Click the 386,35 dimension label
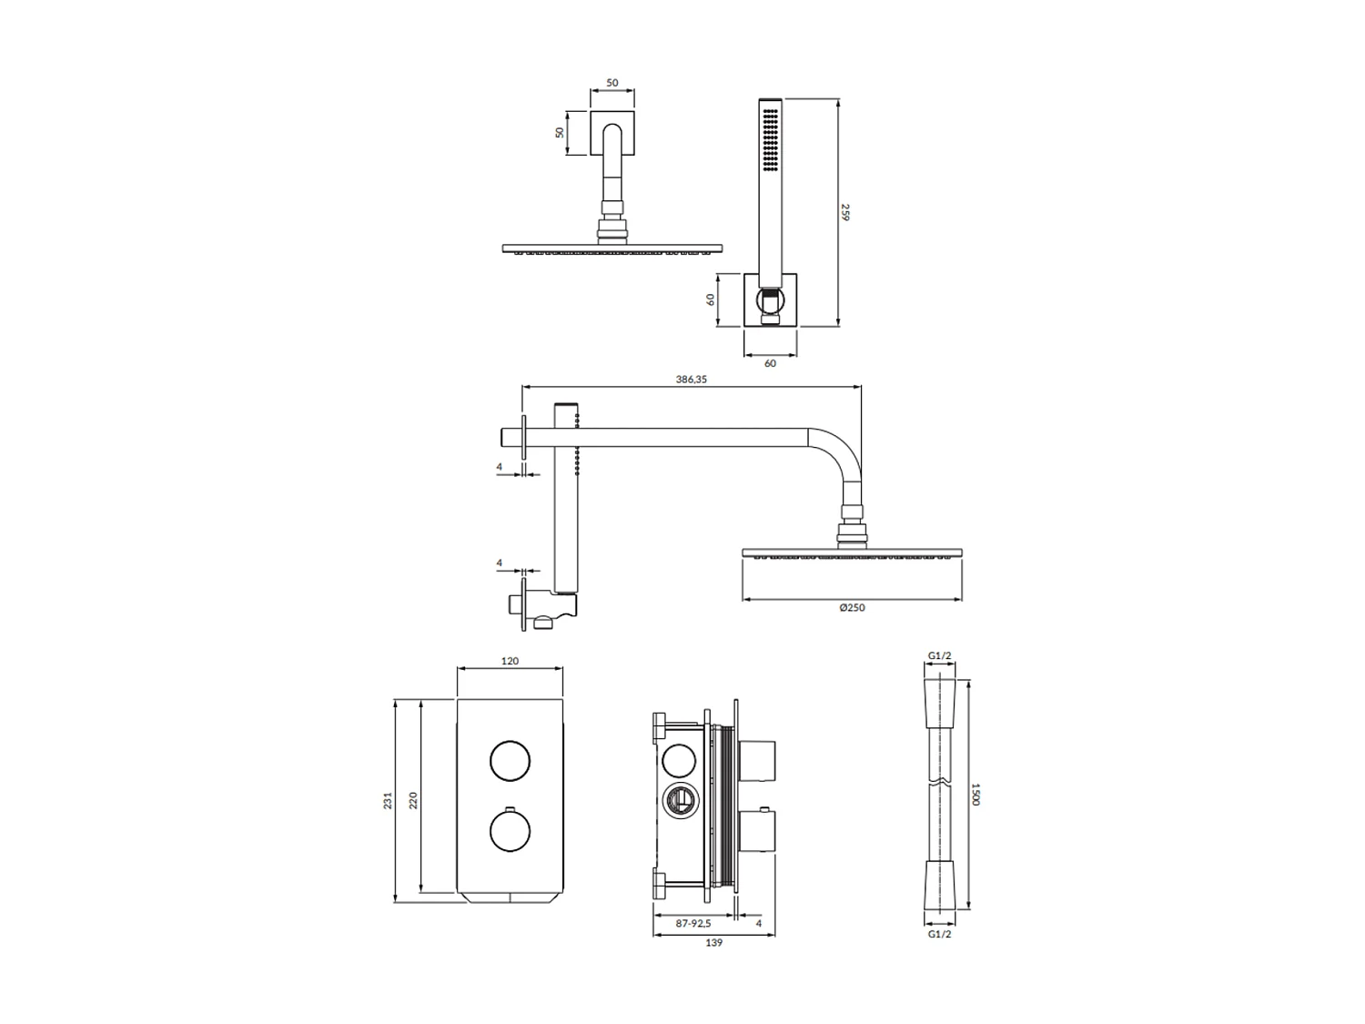point(692,380)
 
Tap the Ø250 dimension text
point(852,607)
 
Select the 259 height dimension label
point(845,212)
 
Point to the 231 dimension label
point(388,801)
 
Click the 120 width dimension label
point(510,661)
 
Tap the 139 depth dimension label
point(714,943)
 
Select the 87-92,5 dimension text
point(693,923)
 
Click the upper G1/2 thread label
point(939,655)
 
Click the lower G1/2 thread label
point(939,934)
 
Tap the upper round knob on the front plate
point(511,761)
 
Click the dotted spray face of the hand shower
point(771,141)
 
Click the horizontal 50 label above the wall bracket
point(612,83)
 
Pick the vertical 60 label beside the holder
point(710,299)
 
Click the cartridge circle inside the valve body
point(679,801)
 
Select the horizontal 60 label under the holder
point(770,363)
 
